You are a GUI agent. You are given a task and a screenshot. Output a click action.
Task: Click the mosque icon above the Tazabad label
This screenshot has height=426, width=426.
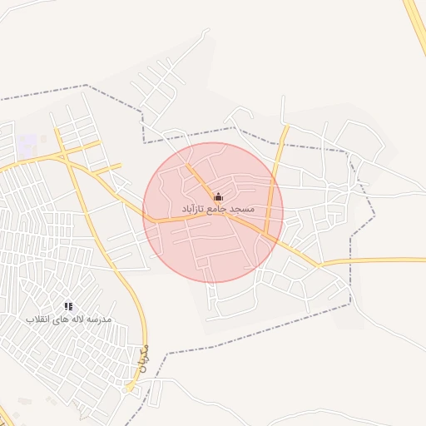218,196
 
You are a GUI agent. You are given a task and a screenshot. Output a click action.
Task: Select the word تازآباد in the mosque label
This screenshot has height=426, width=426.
191,207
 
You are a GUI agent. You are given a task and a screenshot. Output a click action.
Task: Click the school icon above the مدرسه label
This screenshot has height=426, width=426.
68,307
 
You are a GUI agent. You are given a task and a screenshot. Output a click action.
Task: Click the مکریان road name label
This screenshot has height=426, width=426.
141,356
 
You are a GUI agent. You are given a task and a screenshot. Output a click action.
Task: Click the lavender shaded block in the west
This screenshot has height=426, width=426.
27,143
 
